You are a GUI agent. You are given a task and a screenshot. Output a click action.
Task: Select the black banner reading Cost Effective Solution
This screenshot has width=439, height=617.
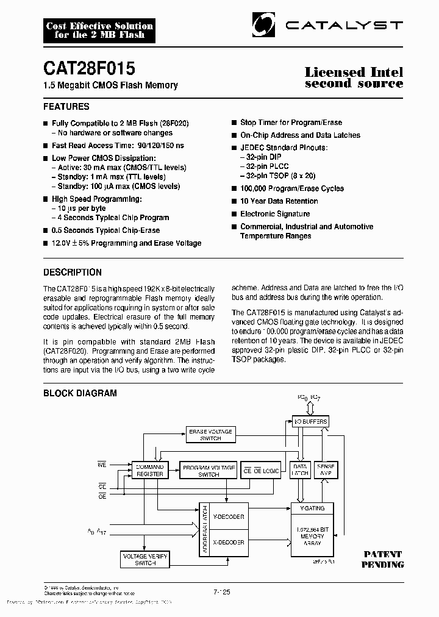(99, 30)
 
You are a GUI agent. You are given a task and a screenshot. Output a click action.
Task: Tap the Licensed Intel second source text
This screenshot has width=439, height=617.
(354, 77)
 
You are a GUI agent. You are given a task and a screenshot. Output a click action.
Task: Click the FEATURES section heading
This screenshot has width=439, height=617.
(66, 107)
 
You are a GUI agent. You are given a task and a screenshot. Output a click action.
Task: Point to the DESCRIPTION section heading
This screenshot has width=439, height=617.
(72, 273)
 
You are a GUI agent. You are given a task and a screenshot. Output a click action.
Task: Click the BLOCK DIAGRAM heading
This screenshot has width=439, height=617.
(79, 393)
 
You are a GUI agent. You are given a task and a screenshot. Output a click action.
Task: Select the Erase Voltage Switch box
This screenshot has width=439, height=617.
(210, 435)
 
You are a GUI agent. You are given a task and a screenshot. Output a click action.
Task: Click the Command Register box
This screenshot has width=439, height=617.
(149, 470)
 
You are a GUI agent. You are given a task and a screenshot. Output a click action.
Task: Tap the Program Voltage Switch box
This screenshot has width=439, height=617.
(209, 470)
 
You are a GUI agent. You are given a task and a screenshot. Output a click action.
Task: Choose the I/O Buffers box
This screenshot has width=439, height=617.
(310, 421)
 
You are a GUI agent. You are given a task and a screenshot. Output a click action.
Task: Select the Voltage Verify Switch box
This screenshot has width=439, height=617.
(144, 559)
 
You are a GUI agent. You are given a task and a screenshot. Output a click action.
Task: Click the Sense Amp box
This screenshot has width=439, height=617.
(326, 469)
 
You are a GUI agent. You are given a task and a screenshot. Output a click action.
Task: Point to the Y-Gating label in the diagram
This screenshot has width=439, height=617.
(313, 508)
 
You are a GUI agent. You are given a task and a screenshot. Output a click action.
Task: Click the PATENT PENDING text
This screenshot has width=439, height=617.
(384, 559)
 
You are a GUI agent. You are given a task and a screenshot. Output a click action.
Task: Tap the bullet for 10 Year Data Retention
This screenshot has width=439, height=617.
(234, 201)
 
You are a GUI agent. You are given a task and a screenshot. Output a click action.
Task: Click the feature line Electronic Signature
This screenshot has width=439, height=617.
(275, 214)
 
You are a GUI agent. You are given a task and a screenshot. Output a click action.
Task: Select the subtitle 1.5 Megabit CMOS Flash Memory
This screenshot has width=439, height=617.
(110, 85)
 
